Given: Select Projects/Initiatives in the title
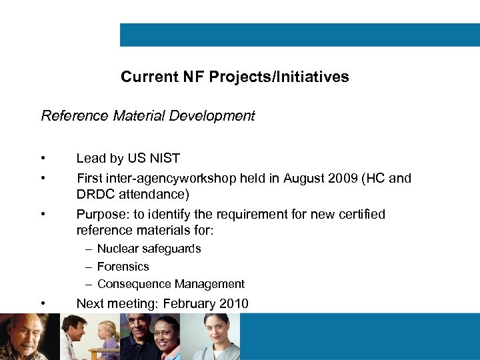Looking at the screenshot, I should pos(279,77).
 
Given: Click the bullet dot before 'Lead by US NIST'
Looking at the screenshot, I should pos(43,159).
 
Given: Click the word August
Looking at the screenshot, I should pos(304,178).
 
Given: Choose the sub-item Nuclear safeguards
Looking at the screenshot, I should pos(149,249).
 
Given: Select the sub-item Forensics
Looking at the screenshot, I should pos(123,267).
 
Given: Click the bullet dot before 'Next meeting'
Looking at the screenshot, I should pos(43,304).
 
